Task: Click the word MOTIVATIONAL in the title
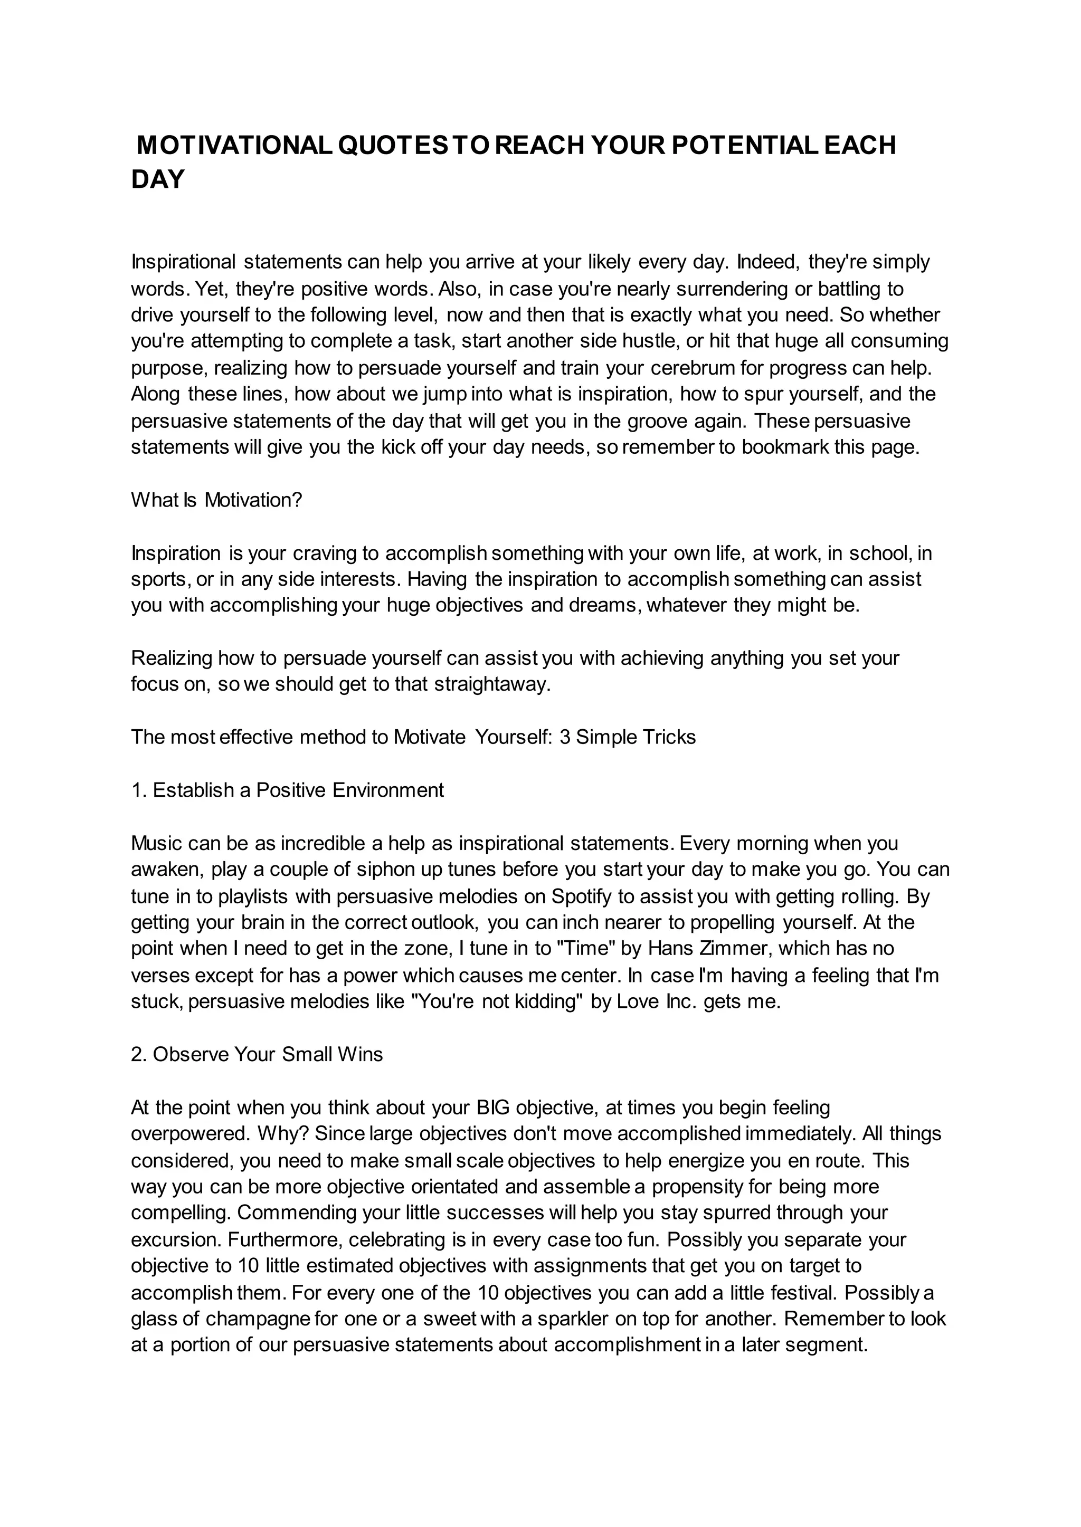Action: [234, 146]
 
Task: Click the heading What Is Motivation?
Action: [216, 500]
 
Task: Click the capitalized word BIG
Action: [493, 1108]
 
